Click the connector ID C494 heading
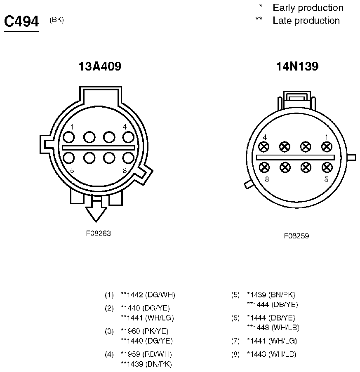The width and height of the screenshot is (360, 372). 21,21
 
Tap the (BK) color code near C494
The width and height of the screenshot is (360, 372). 56,20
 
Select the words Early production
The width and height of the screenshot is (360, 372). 308,8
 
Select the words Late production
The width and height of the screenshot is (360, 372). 306,21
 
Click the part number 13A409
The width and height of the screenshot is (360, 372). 100,66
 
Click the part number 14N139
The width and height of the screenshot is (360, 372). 297,66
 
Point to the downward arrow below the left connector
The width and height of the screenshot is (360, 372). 96,211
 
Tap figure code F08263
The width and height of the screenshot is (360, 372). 98,233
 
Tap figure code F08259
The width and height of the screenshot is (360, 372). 296,236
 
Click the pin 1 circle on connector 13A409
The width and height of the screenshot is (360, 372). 69,137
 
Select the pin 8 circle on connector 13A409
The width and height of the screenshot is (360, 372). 128,158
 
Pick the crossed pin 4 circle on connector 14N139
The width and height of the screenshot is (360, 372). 264,146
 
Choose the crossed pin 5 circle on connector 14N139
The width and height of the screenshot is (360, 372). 327,167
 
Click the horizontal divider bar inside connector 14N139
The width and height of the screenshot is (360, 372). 295,157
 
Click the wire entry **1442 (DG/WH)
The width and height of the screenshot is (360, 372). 148,295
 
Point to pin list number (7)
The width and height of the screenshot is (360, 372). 235,341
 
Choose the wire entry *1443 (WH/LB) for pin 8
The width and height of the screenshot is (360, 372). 271,354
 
